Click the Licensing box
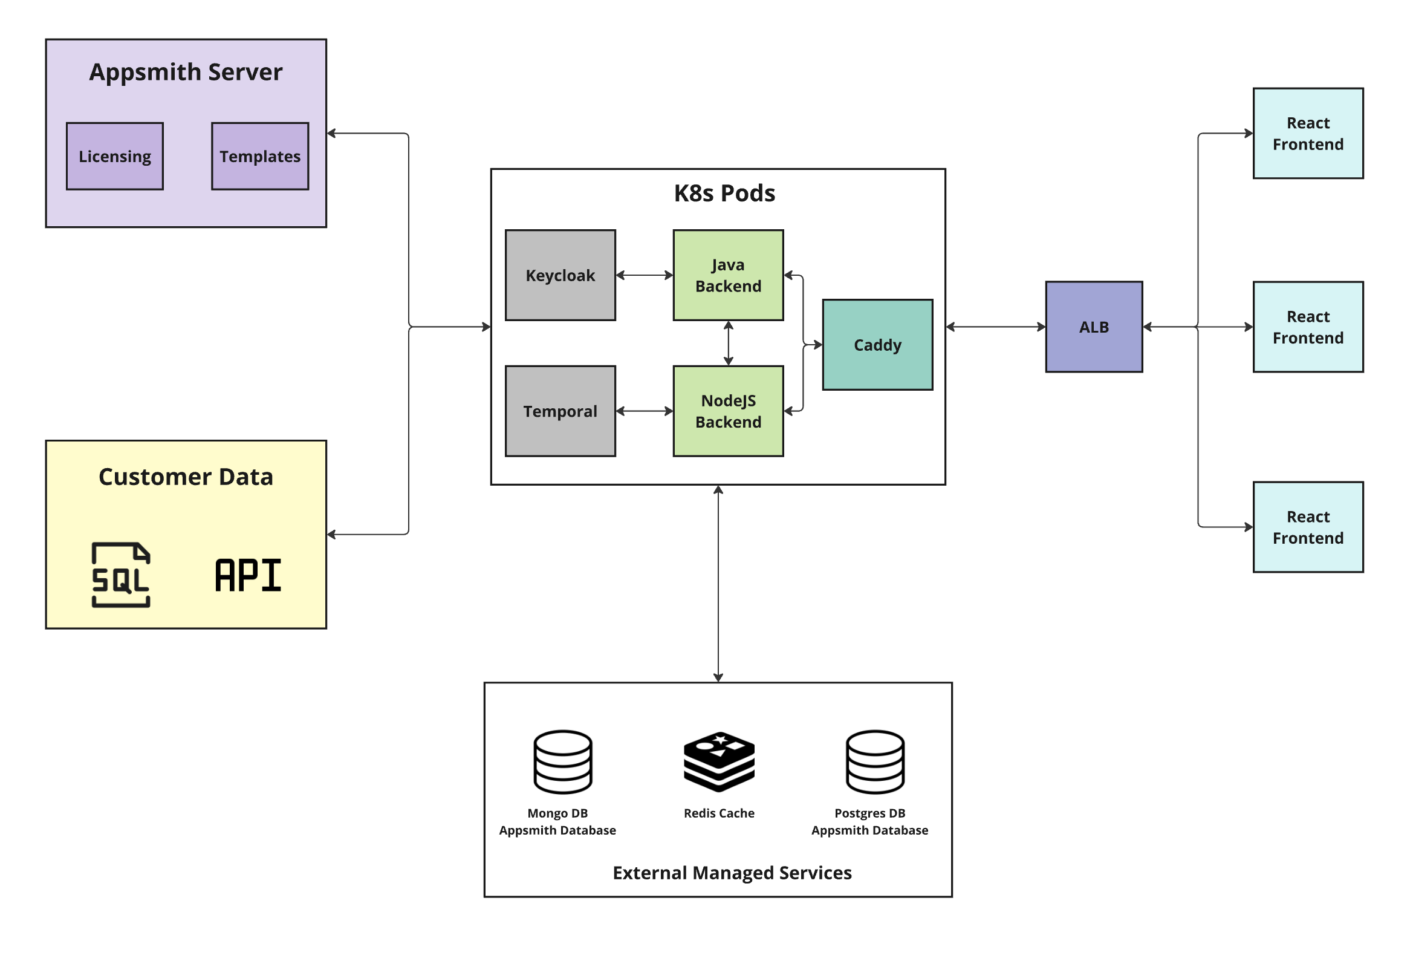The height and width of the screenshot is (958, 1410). pos(115,157)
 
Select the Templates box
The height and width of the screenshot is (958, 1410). pos(259,157)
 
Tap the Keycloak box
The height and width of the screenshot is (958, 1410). pos(560,275)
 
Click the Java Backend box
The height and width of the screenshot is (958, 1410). pos(728,275)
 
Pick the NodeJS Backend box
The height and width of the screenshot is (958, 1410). pos(728,411)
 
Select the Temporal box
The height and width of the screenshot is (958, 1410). pos(560,411)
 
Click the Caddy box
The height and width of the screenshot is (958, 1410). pos(877,345)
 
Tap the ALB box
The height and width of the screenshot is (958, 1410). pos(1094,327)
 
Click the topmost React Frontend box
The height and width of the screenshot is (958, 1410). pos(1308,134)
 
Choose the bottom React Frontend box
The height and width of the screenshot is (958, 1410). pos(1308,527)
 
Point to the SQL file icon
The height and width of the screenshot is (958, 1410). pos(121,575)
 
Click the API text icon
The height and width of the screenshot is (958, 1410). pos(248,575)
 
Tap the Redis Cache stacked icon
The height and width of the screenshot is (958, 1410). pos(719,761)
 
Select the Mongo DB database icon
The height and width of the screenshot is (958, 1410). pos(562,761)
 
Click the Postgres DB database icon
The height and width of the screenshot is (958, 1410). pos(875,761)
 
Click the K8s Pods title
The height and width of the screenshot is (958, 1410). pos(724,194)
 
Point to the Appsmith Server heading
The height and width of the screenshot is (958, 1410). pos(186,72)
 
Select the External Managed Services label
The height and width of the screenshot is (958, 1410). pos(732,873)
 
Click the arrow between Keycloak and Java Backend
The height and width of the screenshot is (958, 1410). pos(645,275)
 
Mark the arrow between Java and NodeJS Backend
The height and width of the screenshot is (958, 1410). pos(728,344)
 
